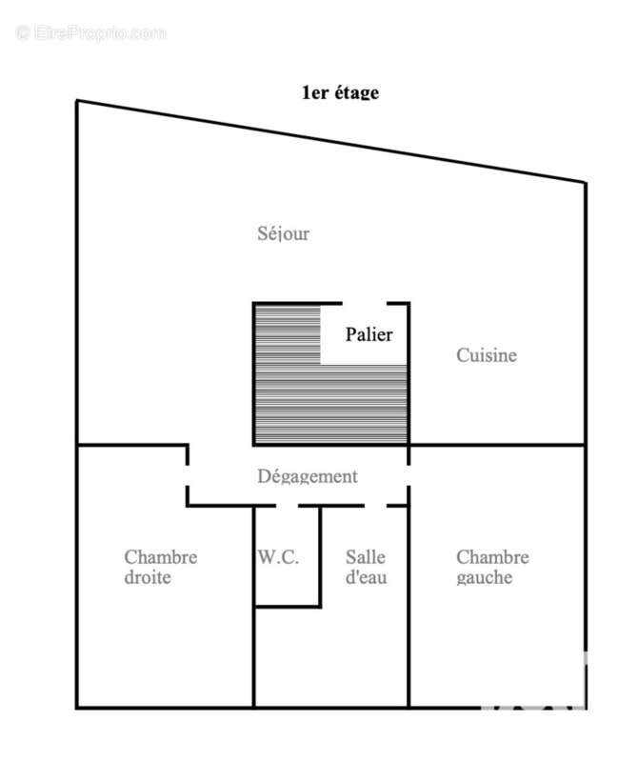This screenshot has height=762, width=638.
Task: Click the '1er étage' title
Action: [x=340, y=92]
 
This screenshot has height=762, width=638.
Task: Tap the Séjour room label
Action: [x=283, y=233]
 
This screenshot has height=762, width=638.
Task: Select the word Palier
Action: [x=369, y=334]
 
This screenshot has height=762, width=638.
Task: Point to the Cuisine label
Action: [x=487, y=355]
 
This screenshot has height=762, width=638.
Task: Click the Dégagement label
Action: [x=307, y=476]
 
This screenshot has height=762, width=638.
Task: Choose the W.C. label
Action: [x=278, y=557]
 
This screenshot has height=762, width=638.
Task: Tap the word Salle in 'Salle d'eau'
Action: [x=366, y=557]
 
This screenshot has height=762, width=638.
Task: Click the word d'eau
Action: [x=367, y=577]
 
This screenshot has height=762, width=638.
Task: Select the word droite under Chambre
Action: [x=148, y=577]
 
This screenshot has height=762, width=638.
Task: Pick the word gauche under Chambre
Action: [x=485, y=578]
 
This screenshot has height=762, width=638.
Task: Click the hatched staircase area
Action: [x=330, y=404]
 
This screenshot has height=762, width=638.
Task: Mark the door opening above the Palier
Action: [x=365, y=304]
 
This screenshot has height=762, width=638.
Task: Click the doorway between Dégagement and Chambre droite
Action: [x=188, y=475]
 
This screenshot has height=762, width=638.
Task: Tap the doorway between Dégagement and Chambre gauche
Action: [x=409, y=475]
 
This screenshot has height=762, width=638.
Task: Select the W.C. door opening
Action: [x=288, y=506]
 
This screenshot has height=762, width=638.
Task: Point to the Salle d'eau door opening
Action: [x=375, y=506]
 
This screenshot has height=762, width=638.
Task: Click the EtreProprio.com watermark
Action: [x=90, y=33]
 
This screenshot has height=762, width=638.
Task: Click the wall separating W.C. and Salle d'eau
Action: [x=320, y=556]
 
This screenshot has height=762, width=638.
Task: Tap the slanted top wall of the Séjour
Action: [x=331, y=141]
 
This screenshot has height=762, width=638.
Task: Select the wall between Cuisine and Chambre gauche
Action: [x=497, y=445]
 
